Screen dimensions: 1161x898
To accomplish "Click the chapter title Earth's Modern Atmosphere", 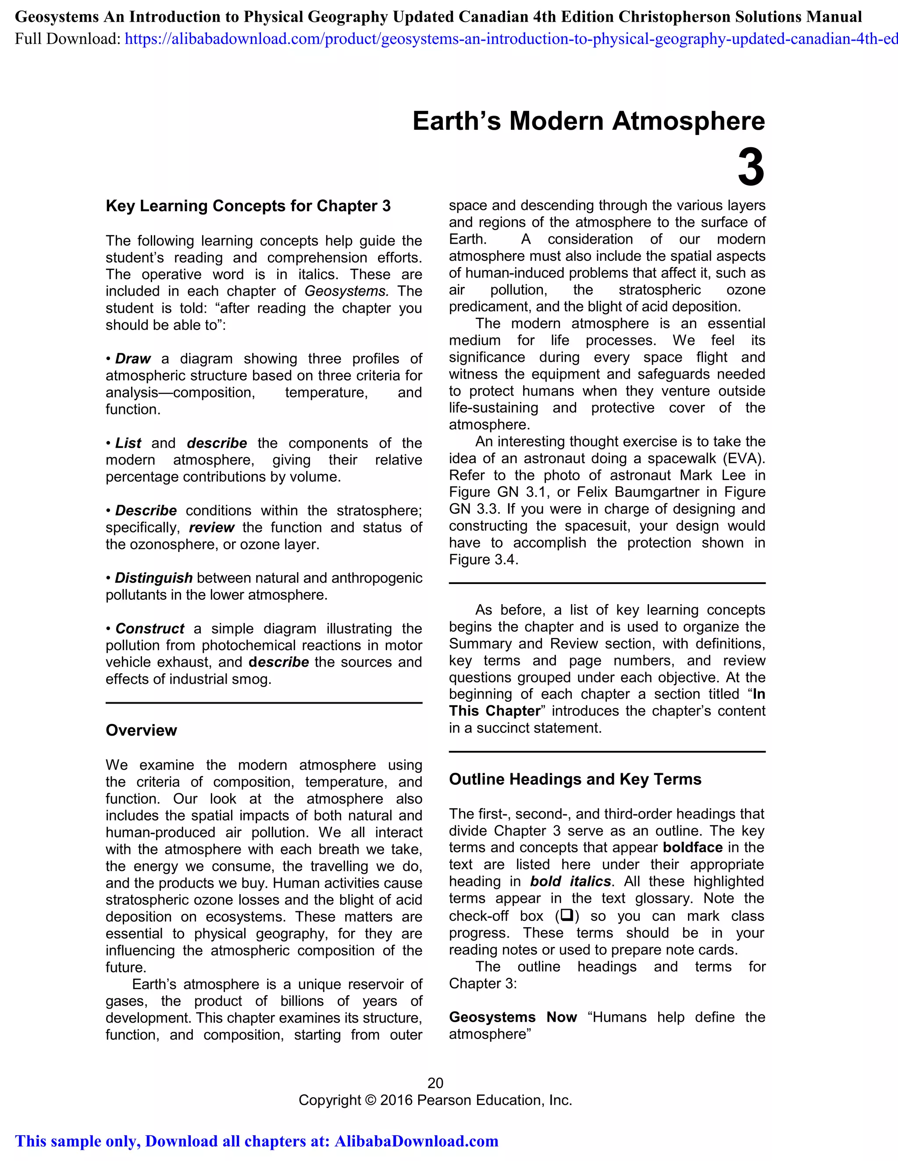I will click(588, 121).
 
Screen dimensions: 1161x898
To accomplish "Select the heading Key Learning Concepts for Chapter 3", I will click(248, 206).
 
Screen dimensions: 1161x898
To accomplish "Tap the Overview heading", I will click(141, 730).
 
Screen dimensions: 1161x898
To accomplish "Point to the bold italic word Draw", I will click(133, 359).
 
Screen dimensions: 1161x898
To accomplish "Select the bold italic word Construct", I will click(150, 628).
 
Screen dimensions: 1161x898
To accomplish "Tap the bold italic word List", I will click(128, 443).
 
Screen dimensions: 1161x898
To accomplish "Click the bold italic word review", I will click(211, 527).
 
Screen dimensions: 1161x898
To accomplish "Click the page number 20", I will click(435, 1083).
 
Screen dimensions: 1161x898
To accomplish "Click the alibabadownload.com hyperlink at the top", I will click(511, 39).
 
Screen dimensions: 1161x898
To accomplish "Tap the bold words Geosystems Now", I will click(513, 1017).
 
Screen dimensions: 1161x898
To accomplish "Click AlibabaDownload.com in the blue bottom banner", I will click(416, 1141).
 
